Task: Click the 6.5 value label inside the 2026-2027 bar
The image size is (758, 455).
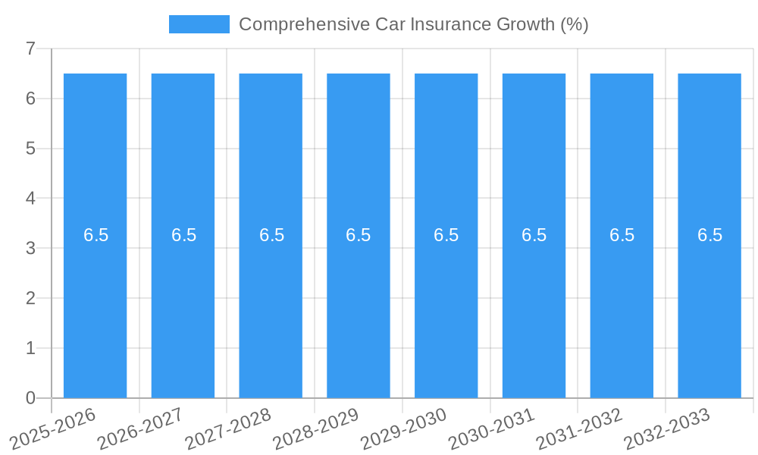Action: [183, 235]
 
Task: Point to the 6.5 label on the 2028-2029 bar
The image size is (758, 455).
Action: [359, 235]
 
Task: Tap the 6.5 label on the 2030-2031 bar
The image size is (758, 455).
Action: [534, 235]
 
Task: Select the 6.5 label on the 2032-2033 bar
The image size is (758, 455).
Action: [709, 235]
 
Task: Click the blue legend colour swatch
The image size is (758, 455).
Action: [199, 24]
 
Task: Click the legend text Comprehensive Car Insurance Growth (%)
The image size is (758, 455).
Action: [413, 24]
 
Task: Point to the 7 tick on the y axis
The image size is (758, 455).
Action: [30, 49]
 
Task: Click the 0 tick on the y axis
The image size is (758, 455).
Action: [30, 398]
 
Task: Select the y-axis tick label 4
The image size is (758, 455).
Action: [30, 199]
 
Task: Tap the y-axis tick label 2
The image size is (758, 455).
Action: [30, 298]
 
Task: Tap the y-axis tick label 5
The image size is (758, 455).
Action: [30, 149]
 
